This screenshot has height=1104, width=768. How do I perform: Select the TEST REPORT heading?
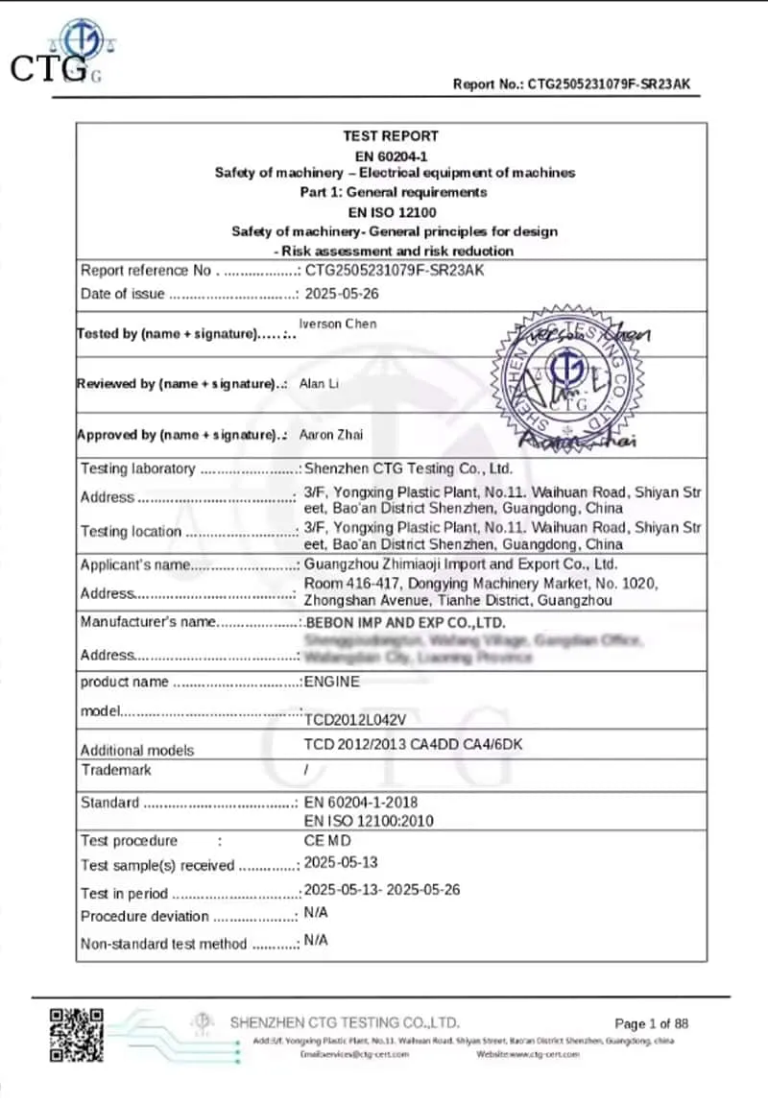tap(391, 136)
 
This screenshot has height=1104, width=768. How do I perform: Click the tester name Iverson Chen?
tap(338, 324)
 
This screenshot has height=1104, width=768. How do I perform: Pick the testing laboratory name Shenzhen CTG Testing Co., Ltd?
tap(408, 468)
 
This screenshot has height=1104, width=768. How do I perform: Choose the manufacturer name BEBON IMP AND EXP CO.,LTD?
tap(404, 623)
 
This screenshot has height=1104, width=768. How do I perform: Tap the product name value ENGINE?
tap(332, 682)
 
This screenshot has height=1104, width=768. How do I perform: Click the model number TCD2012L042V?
tap(349, 717)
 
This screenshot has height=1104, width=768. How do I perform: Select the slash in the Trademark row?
tap(306, 770)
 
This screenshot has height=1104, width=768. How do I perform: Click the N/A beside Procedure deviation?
tap(316, 913)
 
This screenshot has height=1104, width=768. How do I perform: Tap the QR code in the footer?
tap(77, 1034)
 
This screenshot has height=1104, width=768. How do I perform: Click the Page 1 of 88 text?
tap(651, 1023)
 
